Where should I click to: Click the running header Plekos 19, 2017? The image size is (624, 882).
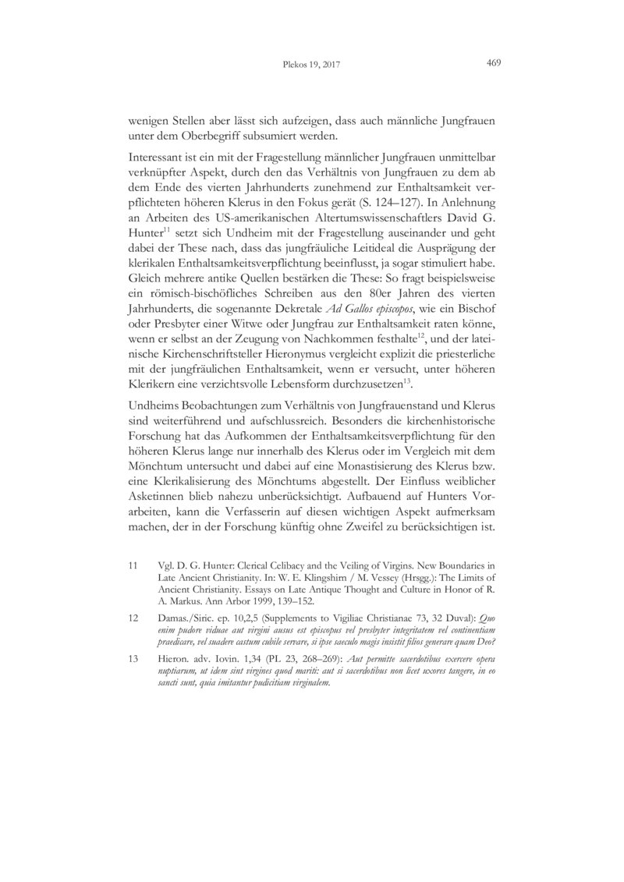point(310,64)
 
